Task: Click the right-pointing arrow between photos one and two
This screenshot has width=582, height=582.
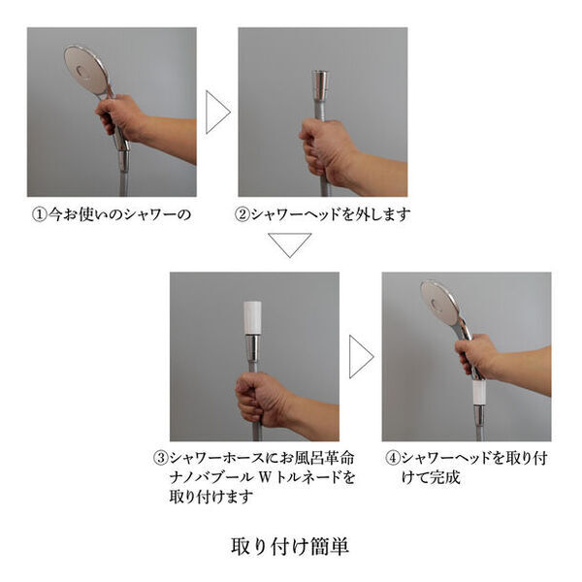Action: (217, 112)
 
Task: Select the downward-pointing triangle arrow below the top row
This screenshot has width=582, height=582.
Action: (290, 244)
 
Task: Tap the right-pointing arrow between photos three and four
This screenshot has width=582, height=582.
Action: (360, 356)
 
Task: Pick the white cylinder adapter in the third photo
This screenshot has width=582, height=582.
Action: (254, 317)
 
